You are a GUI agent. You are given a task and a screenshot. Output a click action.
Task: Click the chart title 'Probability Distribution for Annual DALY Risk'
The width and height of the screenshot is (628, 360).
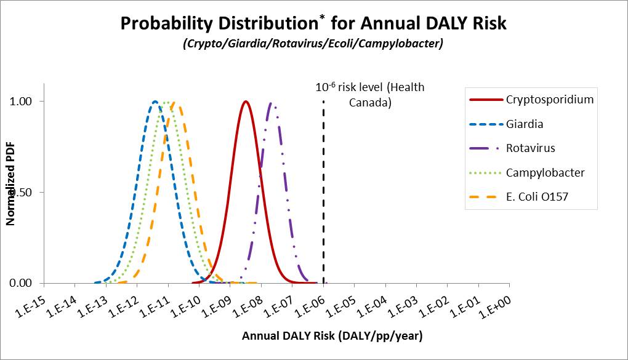[313, 23]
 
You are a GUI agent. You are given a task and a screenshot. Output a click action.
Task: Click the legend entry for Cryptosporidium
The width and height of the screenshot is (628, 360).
[549, 100]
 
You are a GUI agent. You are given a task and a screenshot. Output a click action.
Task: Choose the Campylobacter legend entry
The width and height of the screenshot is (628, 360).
[545, 173]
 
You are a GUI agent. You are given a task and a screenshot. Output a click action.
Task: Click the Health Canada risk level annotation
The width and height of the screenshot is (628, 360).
[370, 95]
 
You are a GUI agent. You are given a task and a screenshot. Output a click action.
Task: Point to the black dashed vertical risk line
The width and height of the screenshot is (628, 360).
[323, 197]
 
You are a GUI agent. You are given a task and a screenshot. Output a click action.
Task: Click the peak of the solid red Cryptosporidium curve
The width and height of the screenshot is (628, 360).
[246, 101]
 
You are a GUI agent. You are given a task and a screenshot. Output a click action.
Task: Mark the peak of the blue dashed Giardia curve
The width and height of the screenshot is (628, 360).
[156, 102]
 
